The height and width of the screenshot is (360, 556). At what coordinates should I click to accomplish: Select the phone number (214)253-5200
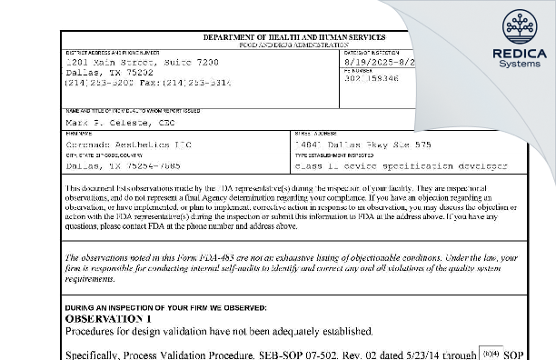point(95,81)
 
